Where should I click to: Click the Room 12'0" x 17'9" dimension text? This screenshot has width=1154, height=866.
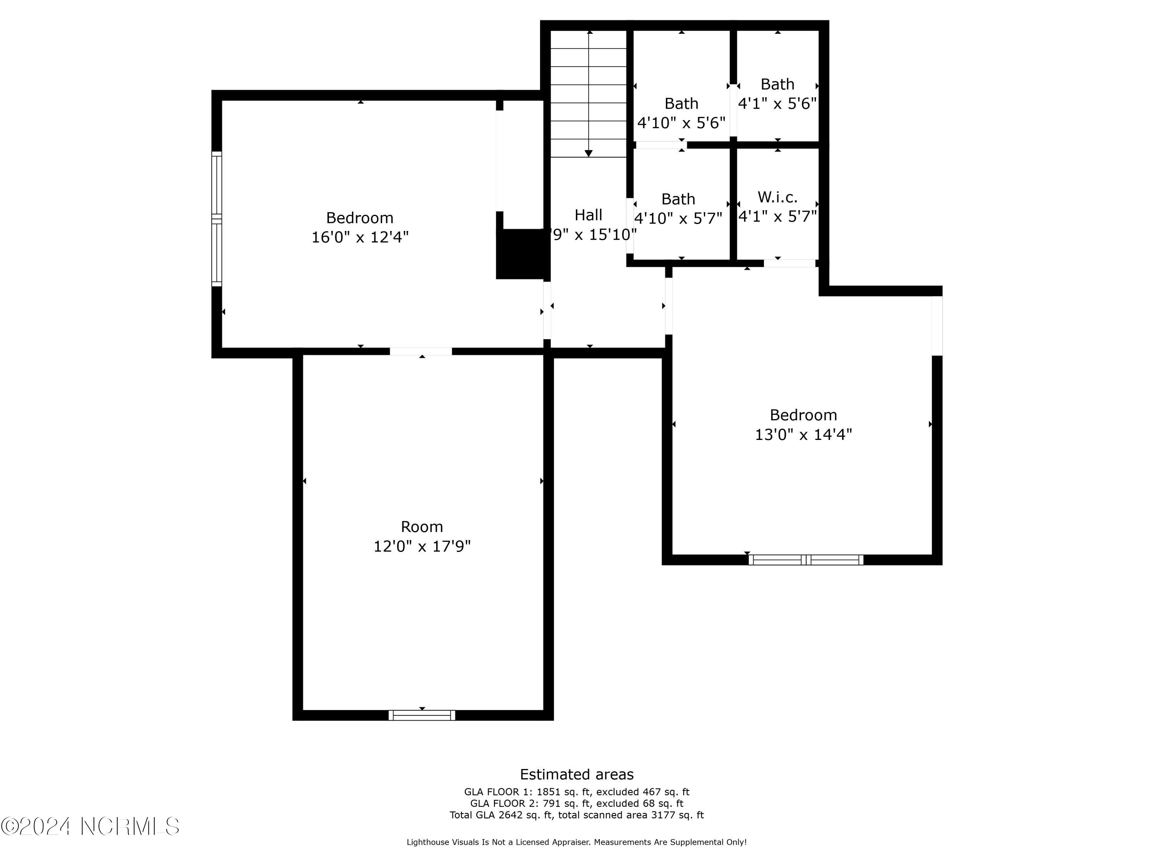pyautogui.click(x=422, y=546)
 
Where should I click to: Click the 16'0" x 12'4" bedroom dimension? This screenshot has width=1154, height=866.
pyautogui.click(x=360, y=237)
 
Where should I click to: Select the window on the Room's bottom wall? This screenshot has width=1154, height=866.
pyautogui.click(x=422, y=715)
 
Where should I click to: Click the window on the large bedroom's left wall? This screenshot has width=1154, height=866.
pyautogui.click(x=217, y=219)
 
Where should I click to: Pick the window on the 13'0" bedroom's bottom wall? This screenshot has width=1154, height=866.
pyautogui.click(x=805, y=560)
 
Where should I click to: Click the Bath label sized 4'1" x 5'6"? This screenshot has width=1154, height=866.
pyautogui.click(x=777, y=84)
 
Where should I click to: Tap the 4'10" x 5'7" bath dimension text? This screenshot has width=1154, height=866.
pyautogui.click(x=678, y=218)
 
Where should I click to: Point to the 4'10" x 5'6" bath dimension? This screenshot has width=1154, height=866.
pyautogui.click(x=681, y=123)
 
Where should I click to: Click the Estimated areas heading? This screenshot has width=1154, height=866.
pyautogui.click(x=577, y=774)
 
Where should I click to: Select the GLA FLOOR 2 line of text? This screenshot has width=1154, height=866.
pyautogui.click(x=577, y=803)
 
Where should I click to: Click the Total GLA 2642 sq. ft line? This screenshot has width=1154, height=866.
pyautogui.click(x=577, y=815)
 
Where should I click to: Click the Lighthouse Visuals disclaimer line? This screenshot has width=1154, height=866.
pyautogui.click(x=577, y=842)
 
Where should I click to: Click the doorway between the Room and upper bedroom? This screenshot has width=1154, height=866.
pyautogui.click(x=421, y=351)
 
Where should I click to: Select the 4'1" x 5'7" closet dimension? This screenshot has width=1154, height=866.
pyautogui.click(x=777, y=216)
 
